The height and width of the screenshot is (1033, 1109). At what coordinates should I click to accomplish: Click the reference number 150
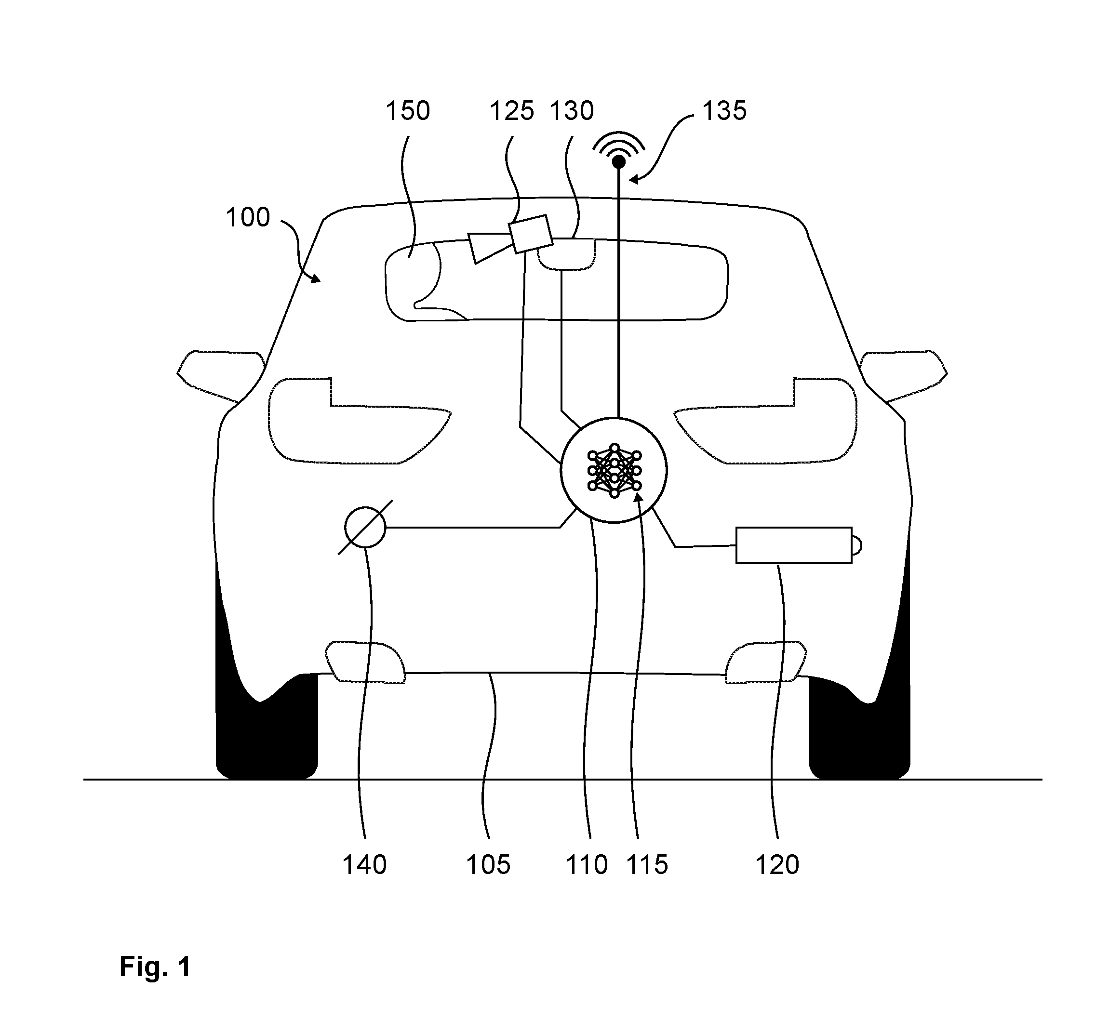click(x=408, y=111)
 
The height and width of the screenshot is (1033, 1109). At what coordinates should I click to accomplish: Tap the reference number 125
click(x=511, y=111)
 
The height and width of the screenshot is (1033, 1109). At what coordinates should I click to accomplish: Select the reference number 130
click(x=572, y=111)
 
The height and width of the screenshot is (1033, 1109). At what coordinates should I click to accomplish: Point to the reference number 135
click(x=724, y=111)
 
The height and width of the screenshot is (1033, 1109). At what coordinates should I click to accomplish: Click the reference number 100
click(x=248, y=217)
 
